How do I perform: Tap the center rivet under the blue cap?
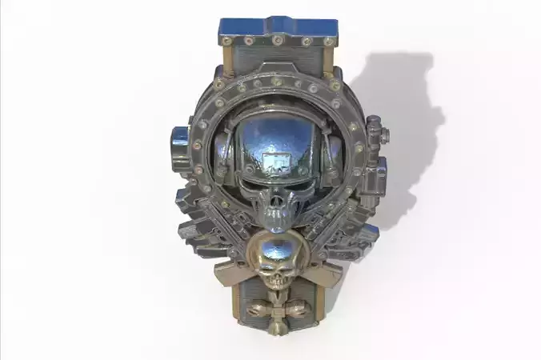277,40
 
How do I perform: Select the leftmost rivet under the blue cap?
226,41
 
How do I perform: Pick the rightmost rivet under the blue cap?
328,41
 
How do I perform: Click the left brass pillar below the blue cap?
223,60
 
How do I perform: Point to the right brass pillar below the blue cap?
332,60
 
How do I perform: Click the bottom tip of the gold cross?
277,329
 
